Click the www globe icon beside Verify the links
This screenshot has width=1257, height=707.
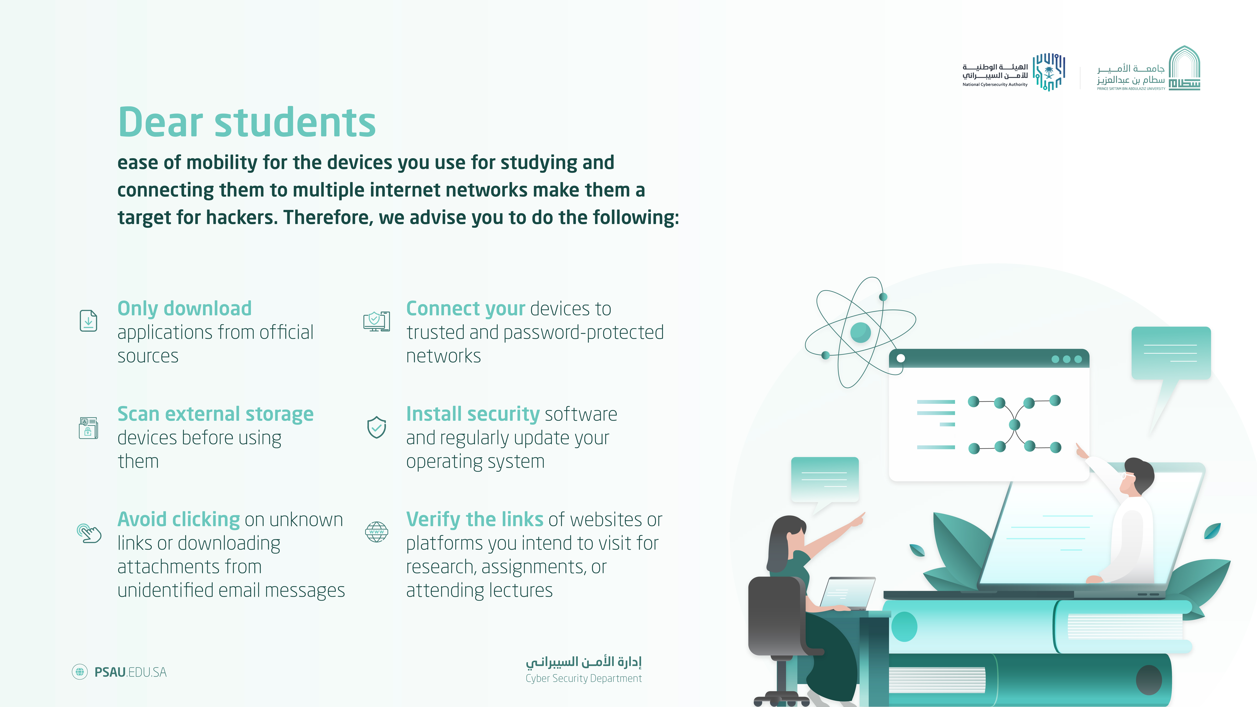[x=377, y=532]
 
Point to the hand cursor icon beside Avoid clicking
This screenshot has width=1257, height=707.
[x=89, y=533]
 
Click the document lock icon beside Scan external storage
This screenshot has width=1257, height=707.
[x=88, y=428]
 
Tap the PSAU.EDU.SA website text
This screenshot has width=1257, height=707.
[x=130, y=672]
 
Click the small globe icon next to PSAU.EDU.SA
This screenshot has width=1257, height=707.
[x=80, y=672]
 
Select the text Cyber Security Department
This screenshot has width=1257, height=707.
[x=584, y=678]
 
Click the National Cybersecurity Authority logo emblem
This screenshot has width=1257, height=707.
[x=1049, y=72]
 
